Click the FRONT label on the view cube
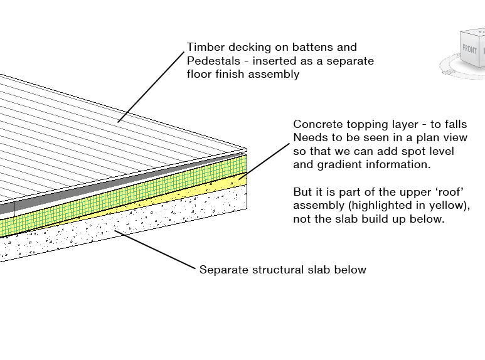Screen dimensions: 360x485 (x=469, y=49)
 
